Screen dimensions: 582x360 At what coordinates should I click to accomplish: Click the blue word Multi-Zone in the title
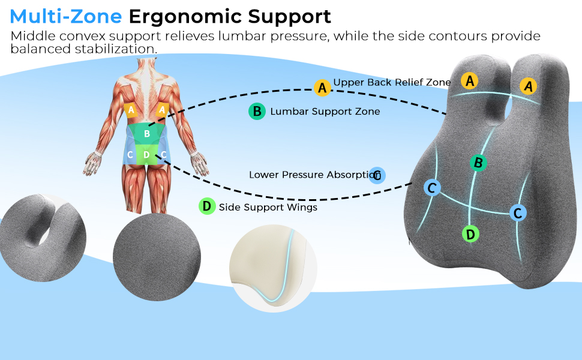(x=65, y=16)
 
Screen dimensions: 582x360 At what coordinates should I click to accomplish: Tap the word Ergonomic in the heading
(x=185, y=17)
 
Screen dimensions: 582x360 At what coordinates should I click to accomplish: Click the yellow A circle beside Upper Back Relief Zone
(x=322, y=88)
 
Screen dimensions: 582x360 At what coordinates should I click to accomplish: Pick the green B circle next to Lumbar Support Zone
(x=257, y=112)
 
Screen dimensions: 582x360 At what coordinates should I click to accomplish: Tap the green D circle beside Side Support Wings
(x=207, y=206)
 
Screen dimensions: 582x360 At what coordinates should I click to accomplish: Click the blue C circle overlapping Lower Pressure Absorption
(x=377, y=175)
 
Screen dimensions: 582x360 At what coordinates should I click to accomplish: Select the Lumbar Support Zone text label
(x=325, y=112)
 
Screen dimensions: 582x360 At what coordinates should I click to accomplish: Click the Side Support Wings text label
(x=268, y=207)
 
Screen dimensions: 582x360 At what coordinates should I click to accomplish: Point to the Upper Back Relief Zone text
(x=392, y=82)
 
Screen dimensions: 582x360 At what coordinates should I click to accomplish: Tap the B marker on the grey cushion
(x=478, y=163)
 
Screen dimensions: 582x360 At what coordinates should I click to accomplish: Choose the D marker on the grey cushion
(x=470, y=234)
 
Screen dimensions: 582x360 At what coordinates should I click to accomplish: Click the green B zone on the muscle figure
(x=147, y=134)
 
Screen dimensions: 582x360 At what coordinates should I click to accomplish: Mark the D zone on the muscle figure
(x=146, y=155)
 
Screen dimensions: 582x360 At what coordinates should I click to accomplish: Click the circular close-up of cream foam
(x=274, y=268)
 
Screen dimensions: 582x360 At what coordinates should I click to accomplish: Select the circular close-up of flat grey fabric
(x=157, y=257)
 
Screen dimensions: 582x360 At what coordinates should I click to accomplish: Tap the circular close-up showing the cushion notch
(x=43, y=238)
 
